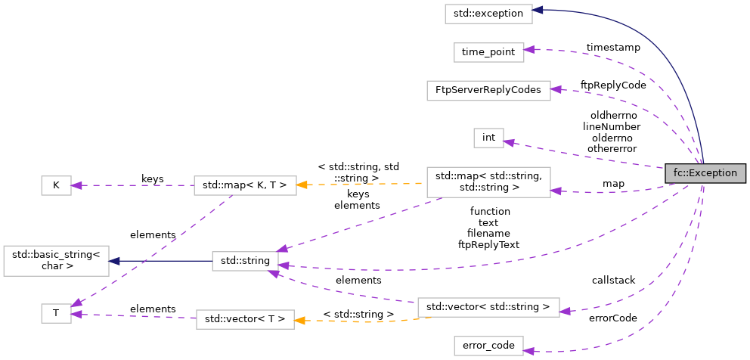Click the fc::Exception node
(x=705, y=173)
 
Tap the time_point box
(x=488, y=52)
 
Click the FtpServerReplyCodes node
(x=488, y=90)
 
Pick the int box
(x=488, y=138)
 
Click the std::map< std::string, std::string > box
(x=488, y=182)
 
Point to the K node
(x=55, y=185)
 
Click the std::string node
(x=244, y=262)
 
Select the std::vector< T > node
(x=244, y=319)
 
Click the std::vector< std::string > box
(x=488, y=307)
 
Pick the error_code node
(x=488, y=346)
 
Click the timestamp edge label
(x=612, y=48)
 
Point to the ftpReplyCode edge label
(x=612, y=85)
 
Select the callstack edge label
(x=613, y=281)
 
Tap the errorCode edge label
(x=612, y=318)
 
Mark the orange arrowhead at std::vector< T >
(x=299, y=320)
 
